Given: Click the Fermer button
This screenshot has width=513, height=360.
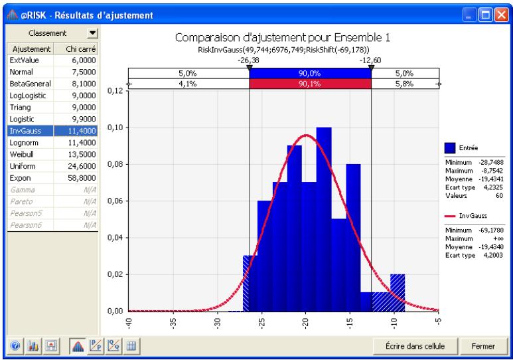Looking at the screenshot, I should tap(482, 346).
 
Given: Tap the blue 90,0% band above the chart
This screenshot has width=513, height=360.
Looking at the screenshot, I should tap(309, 73).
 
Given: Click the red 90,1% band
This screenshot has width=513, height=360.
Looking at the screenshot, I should tap(309, 84).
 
